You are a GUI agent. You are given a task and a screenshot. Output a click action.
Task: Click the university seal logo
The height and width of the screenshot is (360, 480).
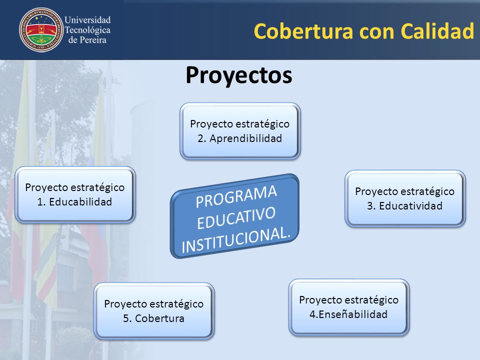tap(41, 29)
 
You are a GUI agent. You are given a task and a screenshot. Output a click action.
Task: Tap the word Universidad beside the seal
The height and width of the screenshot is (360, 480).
tap(87, 20)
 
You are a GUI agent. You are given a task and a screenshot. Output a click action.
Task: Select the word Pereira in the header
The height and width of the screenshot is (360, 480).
tap(92, 40)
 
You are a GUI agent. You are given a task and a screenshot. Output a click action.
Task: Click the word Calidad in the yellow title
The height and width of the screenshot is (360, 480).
tap(437, 31)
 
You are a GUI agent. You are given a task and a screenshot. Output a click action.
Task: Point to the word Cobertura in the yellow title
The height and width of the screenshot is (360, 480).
tap(303, 31)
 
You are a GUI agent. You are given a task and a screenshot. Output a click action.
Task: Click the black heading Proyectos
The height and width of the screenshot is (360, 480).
tap(239, 75)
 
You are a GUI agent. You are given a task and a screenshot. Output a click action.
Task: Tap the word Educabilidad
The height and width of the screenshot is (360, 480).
tap(80, 201)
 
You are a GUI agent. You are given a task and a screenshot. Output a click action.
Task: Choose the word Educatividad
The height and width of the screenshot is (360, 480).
tap(411, 205)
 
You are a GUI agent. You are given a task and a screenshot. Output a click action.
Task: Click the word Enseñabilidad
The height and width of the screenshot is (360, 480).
tap(353, 314)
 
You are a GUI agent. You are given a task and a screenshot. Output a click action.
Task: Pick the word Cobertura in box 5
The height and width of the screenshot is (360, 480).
tap(159, 318)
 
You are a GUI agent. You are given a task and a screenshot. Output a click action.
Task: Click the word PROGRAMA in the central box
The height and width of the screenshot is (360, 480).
tap(236, 196)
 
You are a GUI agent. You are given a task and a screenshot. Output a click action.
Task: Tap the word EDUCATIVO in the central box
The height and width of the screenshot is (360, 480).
tap(236, 218)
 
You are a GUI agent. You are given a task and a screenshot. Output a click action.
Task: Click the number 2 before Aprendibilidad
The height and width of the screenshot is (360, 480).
tap(201, 138)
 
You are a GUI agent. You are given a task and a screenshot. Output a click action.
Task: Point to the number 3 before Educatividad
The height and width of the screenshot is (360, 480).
tap(370, 205)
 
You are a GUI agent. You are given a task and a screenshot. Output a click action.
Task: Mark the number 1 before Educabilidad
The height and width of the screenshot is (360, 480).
tap(40, 201)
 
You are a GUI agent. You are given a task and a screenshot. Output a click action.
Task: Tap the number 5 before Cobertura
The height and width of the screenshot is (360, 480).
tap(126, 318)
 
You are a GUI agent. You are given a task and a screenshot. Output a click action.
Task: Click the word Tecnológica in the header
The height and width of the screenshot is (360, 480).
tap(87, 30)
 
